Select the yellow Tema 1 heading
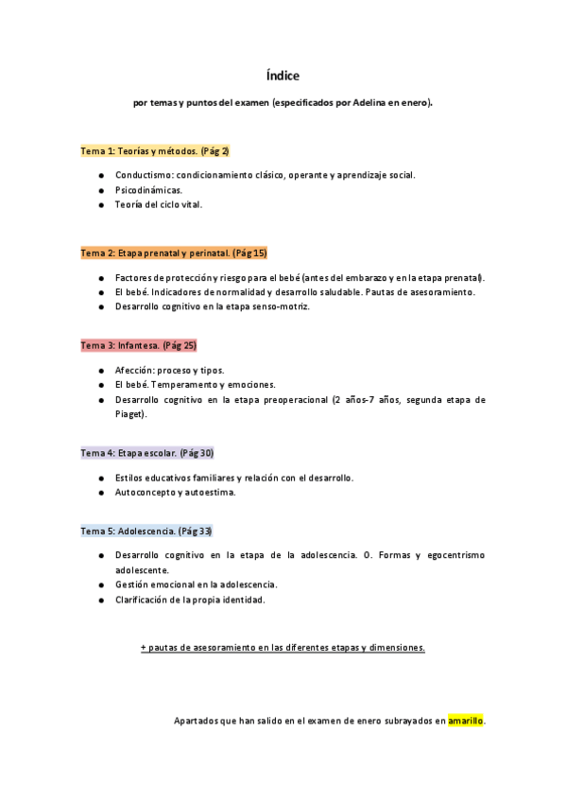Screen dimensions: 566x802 155,150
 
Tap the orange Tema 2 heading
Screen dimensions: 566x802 174,253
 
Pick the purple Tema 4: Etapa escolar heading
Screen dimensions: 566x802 146,453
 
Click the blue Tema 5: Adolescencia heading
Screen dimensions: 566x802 146,531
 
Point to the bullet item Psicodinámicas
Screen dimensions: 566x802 148,190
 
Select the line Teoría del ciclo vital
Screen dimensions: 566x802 158,204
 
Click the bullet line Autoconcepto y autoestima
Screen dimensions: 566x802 175,492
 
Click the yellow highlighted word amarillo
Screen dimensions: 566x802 465,721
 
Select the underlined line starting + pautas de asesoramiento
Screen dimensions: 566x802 283,648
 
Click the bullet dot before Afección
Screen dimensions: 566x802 101,371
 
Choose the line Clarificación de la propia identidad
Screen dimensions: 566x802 190,600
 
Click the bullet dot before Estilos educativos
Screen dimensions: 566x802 101,478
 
